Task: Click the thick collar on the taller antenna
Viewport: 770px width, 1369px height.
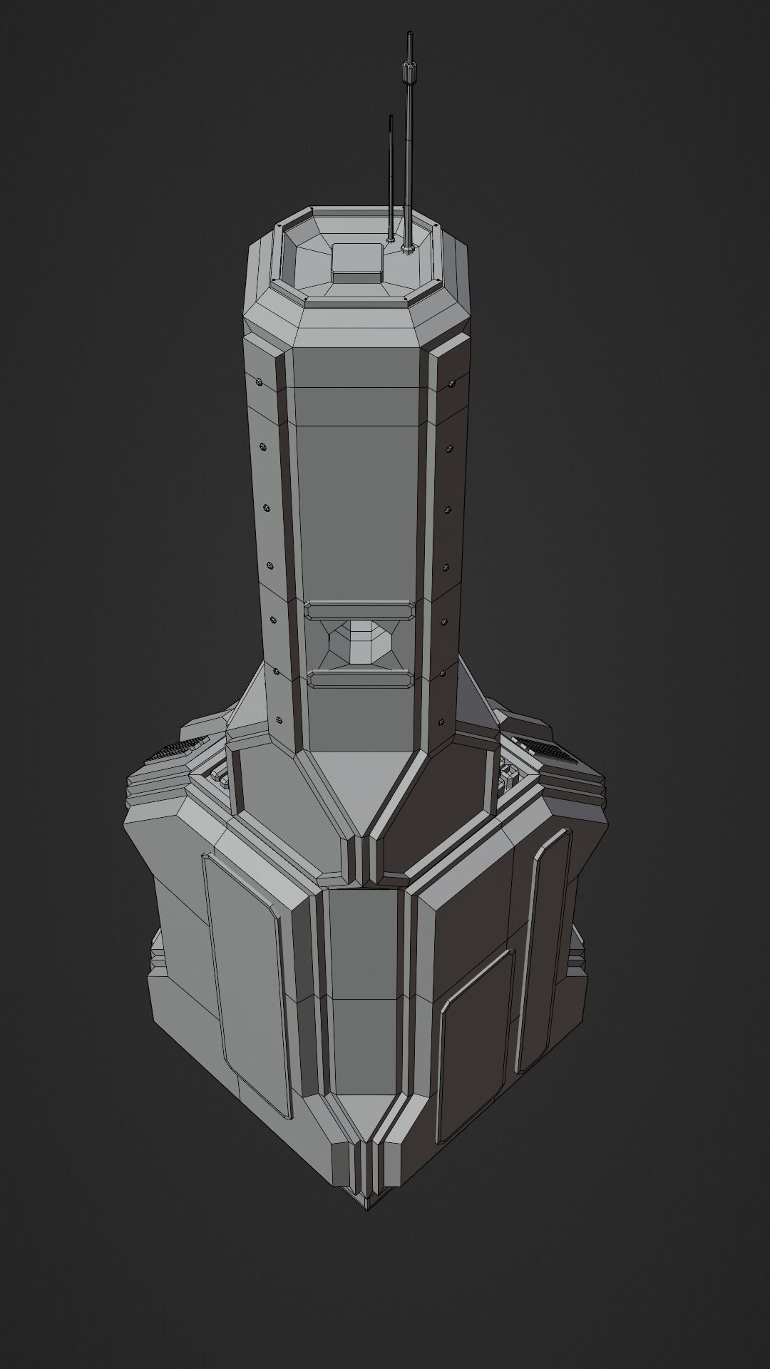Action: [410, 72]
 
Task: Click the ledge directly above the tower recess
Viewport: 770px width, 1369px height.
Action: [360, 610]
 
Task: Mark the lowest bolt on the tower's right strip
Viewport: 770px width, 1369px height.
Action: [442, 721]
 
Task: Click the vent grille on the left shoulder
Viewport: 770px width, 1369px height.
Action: [173, 749]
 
